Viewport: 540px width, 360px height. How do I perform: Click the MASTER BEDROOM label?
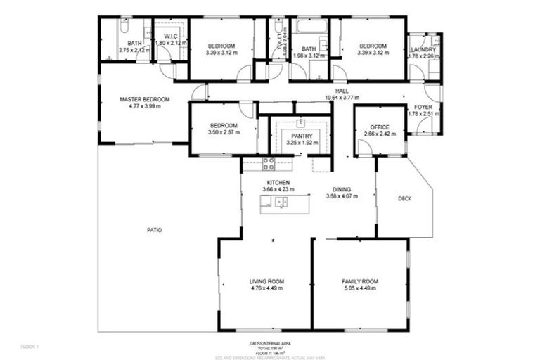(144, 100)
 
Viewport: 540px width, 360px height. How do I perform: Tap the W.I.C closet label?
(171, 35)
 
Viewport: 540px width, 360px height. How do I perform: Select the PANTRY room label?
(302, 135)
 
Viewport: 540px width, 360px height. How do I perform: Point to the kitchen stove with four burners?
(268, 164)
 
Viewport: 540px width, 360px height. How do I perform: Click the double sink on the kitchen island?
(281, 204)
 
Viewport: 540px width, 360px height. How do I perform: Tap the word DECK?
(404, 198)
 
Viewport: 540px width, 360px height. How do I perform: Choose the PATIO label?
(154, 230)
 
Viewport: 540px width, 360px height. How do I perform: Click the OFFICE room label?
(380, 127)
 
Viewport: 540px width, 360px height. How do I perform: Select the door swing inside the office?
(366, 146)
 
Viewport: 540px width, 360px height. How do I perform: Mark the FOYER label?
(423, 106)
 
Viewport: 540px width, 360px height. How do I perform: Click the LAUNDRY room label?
(423, 49)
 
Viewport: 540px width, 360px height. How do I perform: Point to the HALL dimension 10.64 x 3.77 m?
(342, 98)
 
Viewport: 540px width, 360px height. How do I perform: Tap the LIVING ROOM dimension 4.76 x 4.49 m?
(266, 288)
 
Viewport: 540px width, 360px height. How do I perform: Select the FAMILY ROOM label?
(359, 281)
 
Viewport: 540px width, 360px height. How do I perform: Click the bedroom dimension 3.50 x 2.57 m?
(223, 132)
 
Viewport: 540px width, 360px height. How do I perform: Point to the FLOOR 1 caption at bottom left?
(30, 347)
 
